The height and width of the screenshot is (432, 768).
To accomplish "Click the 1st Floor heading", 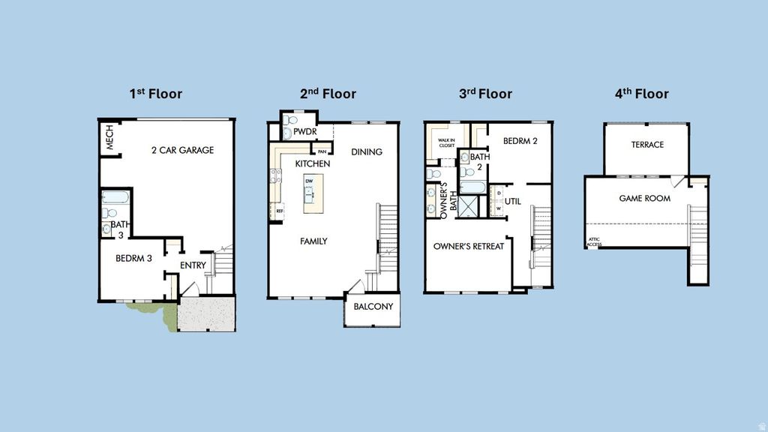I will point(155,94).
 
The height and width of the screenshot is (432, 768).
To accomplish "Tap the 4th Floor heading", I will point(641,94).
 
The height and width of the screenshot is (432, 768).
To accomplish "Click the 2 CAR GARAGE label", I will point(182,150).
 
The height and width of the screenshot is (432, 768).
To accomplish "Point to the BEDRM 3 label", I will point(133,258).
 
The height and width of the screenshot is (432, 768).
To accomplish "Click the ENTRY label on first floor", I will point(193,265).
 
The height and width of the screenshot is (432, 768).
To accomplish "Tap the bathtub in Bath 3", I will point(115,199).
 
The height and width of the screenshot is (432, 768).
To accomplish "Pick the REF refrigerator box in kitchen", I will point(280,211).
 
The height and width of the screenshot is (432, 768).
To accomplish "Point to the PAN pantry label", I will point(322,152).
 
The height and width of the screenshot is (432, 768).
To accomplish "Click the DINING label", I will point(367,151).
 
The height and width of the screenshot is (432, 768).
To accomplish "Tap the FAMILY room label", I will point(313,241).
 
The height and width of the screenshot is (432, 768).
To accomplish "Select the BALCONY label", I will point(373,307).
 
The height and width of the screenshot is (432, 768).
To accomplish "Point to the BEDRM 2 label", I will point(520,140).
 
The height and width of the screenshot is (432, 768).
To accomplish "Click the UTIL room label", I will point(512,201).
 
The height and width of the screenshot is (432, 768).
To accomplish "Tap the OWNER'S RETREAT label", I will point(469,246).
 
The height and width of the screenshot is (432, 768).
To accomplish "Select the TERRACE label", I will point(646,145).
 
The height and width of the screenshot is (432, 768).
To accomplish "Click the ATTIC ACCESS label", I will point(594,242).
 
